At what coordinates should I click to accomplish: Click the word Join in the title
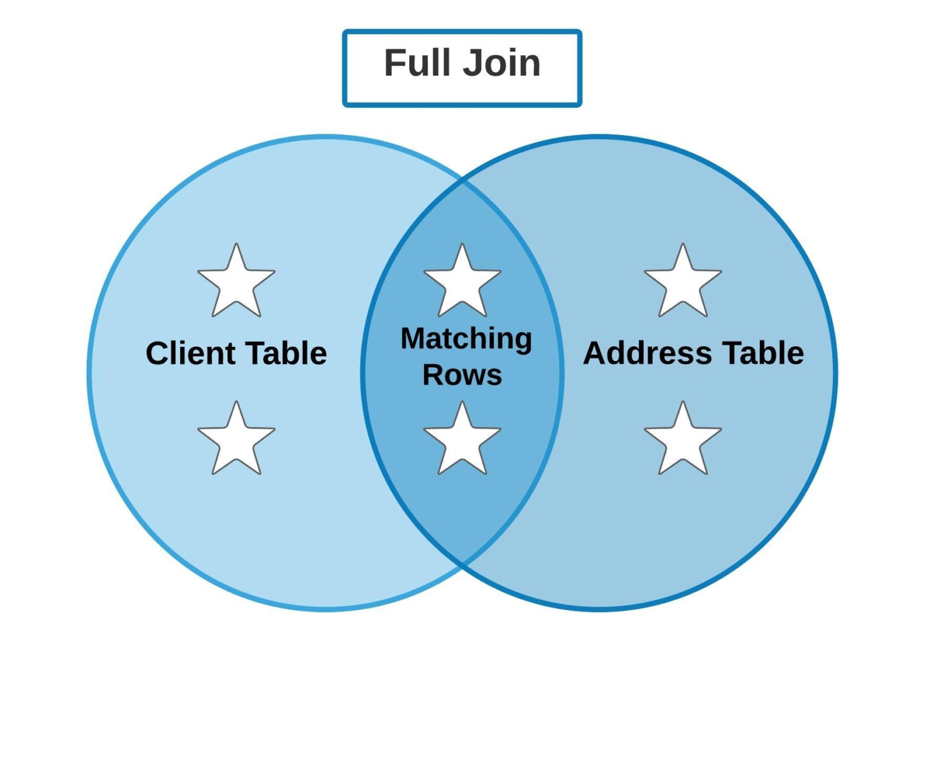(x=502, y=63)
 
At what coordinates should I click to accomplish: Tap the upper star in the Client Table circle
(x=236, y=283)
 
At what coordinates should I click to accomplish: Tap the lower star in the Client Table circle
(x=236, y=440)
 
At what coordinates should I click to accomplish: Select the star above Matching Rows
(x=462, y=283)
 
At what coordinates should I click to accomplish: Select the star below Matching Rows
(x=462, y=440)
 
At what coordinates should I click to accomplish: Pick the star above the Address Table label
(x=682, y=283)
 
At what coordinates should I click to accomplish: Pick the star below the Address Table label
(x=682, y=440)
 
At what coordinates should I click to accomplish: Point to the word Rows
(x=462, y=375)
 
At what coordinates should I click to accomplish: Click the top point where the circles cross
(x=462, y=182)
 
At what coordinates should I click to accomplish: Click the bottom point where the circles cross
(x=462, y=564)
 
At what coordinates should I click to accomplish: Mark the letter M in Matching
(x=415, y=339)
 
